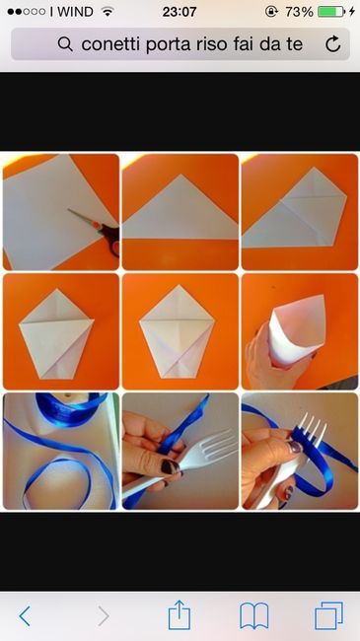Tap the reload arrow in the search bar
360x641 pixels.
coord(333,44)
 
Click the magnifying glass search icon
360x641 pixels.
coord(66,44)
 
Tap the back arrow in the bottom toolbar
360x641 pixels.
coord(25,615)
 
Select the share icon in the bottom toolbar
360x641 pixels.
coord(179,614)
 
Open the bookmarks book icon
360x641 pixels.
coord(254,615)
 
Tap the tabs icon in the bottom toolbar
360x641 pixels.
coord(327,615)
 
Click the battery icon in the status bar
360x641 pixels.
coord(331,12)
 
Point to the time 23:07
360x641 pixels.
coord(179,12)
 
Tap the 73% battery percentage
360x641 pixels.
coord(299,12)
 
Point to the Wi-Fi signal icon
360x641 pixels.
coord(107,12)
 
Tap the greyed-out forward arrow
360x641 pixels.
coord(102,615)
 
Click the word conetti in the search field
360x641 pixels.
coord(110,44)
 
